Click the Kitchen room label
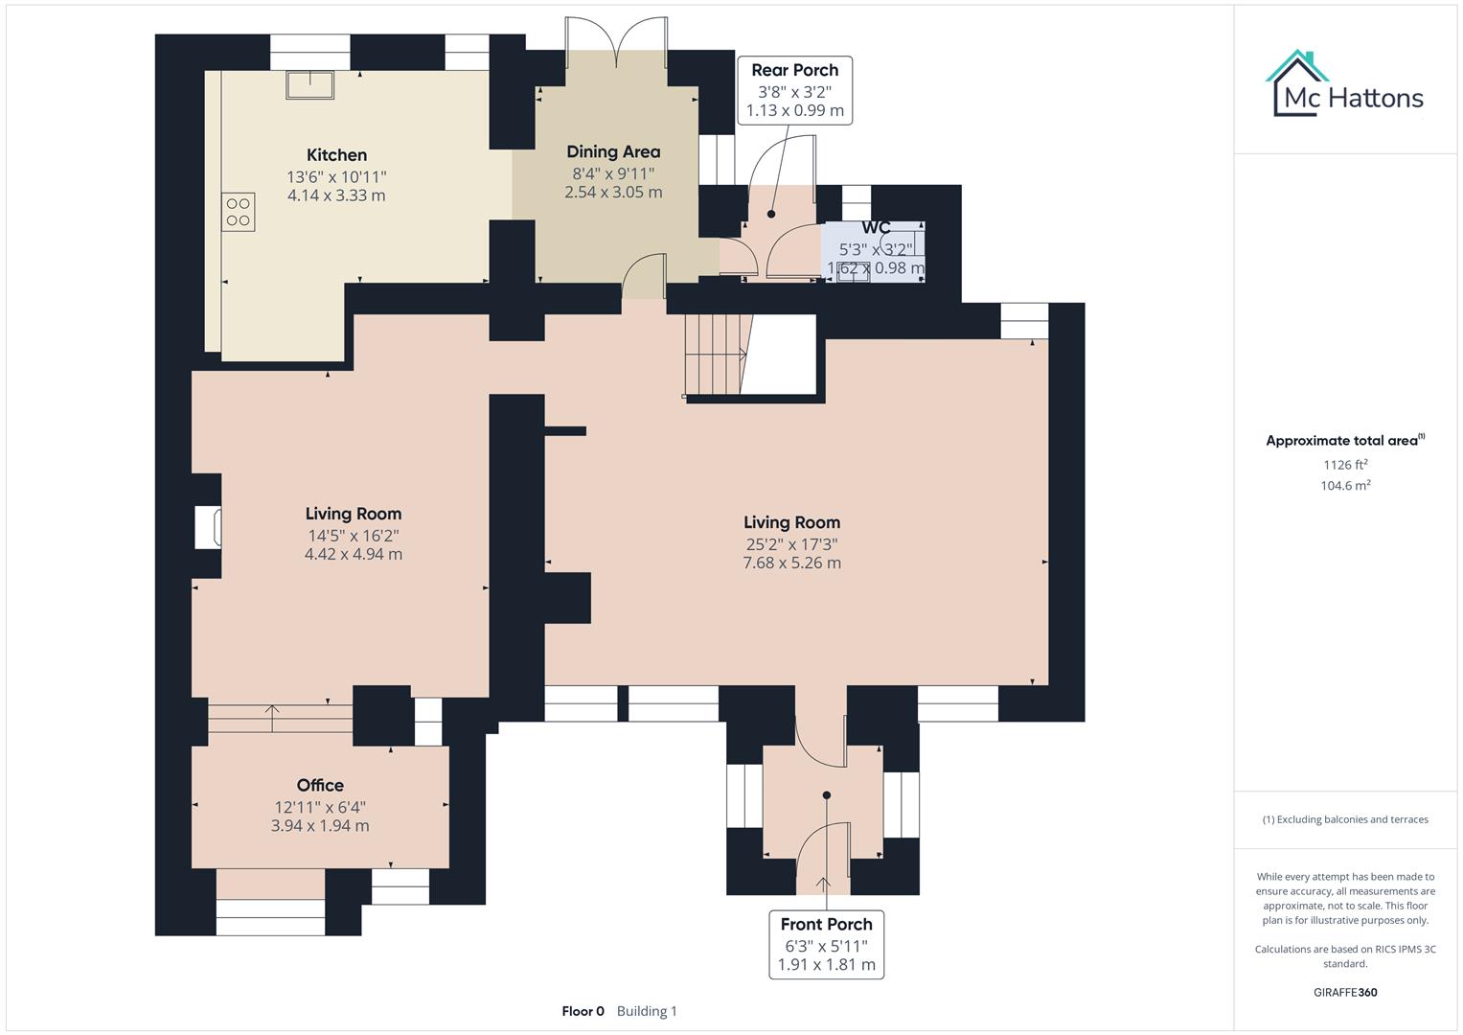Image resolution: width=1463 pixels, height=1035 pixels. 336,155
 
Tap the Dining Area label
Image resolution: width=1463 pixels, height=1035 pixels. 613,151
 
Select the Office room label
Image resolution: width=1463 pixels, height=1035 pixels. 320,785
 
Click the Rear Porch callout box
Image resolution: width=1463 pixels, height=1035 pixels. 794,90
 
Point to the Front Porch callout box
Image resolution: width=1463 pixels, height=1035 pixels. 826,944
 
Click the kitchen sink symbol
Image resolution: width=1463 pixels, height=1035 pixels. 309,84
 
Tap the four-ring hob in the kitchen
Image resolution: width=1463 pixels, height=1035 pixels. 239,212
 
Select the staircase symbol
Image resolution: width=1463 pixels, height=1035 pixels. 715,356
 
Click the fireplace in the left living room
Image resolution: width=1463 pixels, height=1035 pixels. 209,527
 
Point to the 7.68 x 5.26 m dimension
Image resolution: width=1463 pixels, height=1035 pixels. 791,563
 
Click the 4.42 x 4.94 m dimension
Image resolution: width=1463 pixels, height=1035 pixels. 353,554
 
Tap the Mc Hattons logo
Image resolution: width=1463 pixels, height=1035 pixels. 1345,85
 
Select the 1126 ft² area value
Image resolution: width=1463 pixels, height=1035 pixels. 1345,465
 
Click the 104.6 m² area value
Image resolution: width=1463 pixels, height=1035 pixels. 1345,486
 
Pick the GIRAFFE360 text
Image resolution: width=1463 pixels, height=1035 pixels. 1345,992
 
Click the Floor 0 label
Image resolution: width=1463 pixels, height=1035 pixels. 583,1011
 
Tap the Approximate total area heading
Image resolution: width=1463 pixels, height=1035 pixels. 1343,441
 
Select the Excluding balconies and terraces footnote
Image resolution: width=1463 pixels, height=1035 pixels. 1345,819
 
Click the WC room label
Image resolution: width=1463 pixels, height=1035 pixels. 876,228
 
